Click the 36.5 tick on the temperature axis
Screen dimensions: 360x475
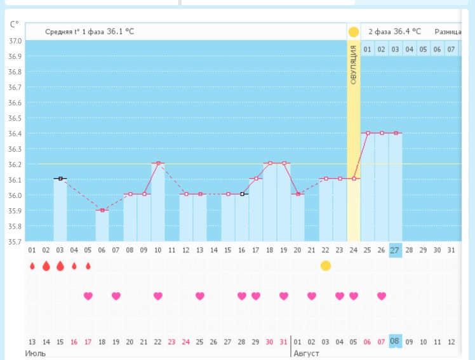(14, 118)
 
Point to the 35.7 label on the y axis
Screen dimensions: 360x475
(14, 241)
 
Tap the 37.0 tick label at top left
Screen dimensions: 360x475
(14, 41)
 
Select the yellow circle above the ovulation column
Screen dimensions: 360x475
(354, 32)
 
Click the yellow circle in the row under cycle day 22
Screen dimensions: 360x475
(326, 265)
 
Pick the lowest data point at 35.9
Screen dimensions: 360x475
(102, 210)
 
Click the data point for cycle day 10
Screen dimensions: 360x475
(158, 164)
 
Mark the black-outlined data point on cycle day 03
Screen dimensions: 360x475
(60, 179)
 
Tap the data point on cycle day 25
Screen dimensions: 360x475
(368, 133)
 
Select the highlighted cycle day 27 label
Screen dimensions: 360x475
(395, 250)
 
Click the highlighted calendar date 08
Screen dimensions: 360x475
(395, 342)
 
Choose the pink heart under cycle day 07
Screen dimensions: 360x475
(116, 296)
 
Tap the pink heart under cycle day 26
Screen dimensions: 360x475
(382, 296)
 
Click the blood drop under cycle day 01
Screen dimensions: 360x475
(32, 266)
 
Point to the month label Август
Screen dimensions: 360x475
(307, 353)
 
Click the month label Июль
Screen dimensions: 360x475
(35, 353)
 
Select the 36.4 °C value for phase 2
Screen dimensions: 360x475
(407, 31)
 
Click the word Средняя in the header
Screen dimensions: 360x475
(58, 31)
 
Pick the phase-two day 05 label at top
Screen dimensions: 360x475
(423, 49)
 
